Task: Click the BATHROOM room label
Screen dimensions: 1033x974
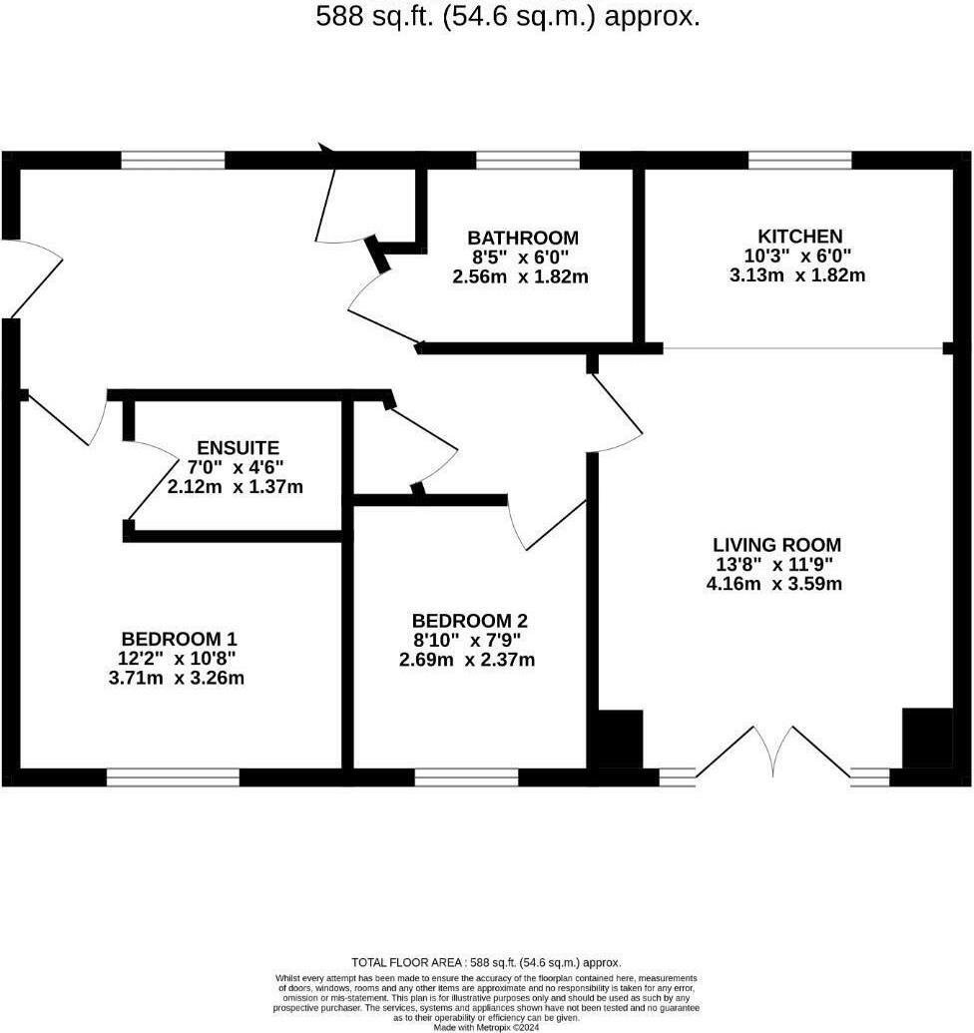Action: tap(523, 238)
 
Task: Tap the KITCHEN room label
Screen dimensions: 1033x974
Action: tap(800, 236)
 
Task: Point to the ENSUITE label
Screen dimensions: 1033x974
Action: tap(238, 447)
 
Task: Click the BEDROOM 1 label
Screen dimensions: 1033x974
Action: tap(180, 639)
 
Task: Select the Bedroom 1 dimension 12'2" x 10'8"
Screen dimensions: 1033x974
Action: tap(180, 659)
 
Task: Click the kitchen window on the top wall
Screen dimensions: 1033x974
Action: tap(799, 160)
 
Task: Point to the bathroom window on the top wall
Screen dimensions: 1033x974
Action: tap(528, 160)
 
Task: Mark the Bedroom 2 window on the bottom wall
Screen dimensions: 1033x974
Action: tap(467, 776)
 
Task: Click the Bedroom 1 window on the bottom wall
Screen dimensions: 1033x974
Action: tap(173, 776)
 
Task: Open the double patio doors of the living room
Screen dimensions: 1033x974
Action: tap(773, 754)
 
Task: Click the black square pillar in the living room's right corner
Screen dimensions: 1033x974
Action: tap(925, 739)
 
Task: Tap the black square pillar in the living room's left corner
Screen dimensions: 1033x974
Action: tap(620, 739)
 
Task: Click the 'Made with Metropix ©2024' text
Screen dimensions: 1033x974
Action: tap(486, 1026)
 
